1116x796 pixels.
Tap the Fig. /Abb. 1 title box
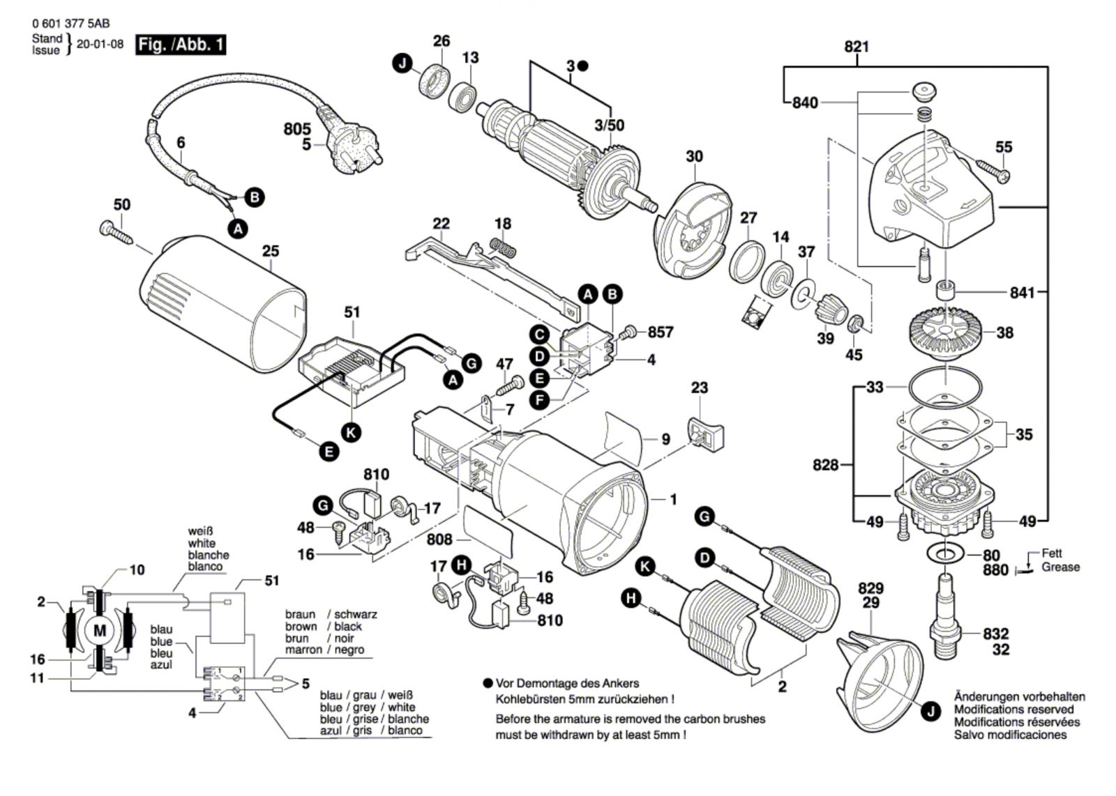[x=181, y=45]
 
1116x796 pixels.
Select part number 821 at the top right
[x=857, y=47]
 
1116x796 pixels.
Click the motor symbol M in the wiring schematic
[x=100, y=631]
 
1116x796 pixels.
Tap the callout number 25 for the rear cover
[x=271, y=251]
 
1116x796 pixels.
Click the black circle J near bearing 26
[x=402, y=63]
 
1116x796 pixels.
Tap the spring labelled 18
[x=503, y=247]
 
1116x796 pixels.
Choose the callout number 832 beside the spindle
[x=996, y=634]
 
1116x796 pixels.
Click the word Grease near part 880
[x=1061, y=567]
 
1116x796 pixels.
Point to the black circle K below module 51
[x=351, y=433]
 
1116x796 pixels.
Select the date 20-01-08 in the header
[x=100, y=44]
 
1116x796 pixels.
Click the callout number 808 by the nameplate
[x=439, y=539]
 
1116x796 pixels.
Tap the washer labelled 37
[x=804, y=297]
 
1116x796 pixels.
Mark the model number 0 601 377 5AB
[x=70, y=24]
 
